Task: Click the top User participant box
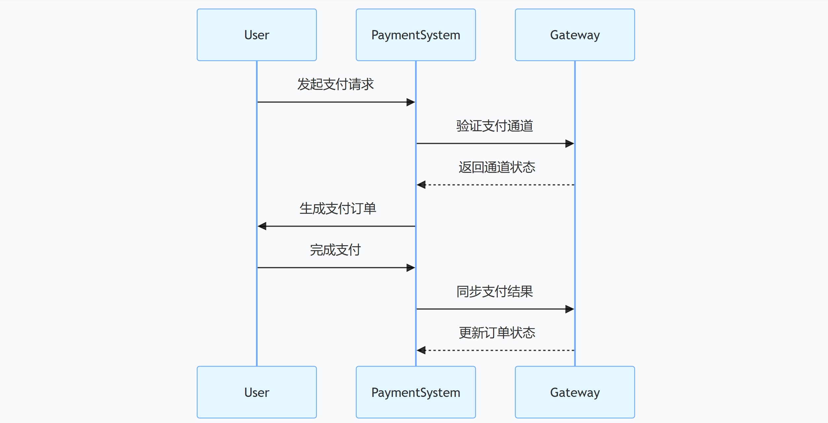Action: [x=257, y=35]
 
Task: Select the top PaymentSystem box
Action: [x=415, y=35]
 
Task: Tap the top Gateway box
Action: [x=575, y=35]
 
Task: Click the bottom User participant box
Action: [x=257, y=392]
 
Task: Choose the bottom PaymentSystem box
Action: [x=415, y=392]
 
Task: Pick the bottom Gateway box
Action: [x=575, y=392]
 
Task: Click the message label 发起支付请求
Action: [x=335, y=84]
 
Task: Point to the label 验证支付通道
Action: [x=494, y=126]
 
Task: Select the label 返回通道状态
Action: [x=497, y=167]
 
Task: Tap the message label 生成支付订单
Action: [x=338, y=209]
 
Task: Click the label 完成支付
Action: [x=335, y=250]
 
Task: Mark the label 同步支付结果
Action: [x=494, y=291]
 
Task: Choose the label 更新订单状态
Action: [x=497, y=333]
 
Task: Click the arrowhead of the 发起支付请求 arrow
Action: [x=411, y=102]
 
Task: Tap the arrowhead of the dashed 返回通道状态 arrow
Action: [x=421, y=185]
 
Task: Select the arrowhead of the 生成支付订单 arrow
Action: [x=262, y=226]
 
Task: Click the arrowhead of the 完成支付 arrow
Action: [x=411, y=268]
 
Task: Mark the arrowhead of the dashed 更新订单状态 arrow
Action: [x=421, y=350]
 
